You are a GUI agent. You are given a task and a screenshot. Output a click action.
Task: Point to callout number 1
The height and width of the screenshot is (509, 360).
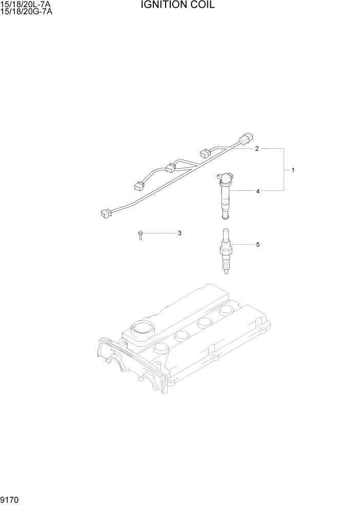pos(293,170)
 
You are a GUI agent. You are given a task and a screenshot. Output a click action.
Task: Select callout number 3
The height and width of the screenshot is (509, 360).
pos(179,233)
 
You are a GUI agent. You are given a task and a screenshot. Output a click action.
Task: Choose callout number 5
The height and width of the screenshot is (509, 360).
pos(258,245)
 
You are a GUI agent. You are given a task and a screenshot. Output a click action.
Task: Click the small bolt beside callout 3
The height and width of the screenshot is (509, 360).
pos(140,234)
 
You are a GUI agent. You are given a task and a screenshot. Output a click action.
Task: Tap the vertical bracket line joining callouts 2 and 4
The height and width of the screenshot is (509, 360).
pos(284,170)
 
